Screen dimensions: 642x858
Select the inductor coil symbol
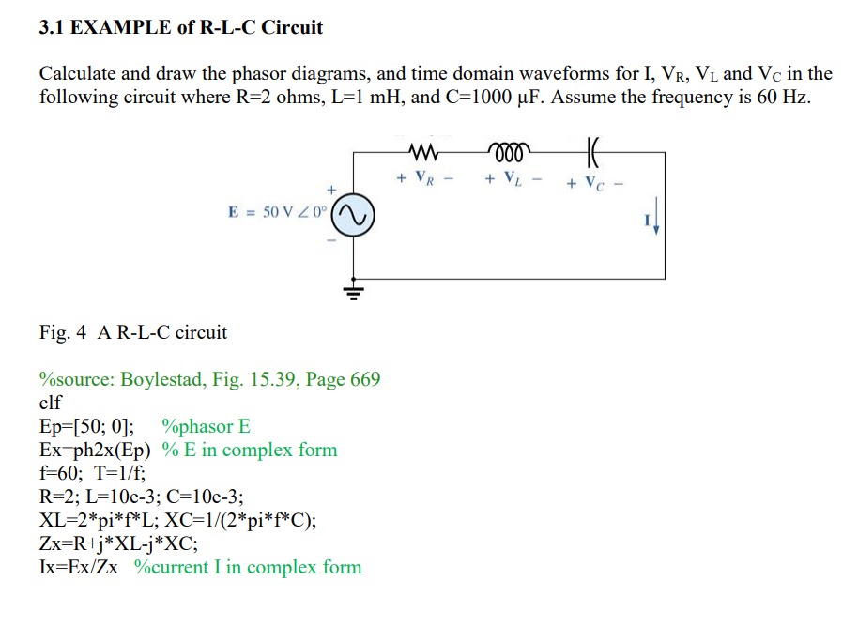(x=508, y=151)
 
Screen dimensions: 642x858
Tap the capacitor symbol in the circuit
(x=591, y=151)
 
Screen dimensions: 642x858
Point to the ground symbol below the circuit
(x=356, y=292)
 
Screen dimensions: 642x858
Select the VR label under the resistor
(x=425, y=177)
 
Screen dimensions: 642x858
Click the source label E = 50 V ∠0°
(x=278, y=213)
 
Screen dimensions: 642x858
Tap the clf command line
(x=51, y=403)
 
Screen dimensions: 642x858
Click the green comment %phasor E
(x=206, y=426)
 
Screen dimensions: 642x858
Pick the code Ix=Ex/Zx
(x=79, y=567)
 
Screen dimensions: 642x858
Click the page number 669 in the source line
(x=364, y=379)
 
